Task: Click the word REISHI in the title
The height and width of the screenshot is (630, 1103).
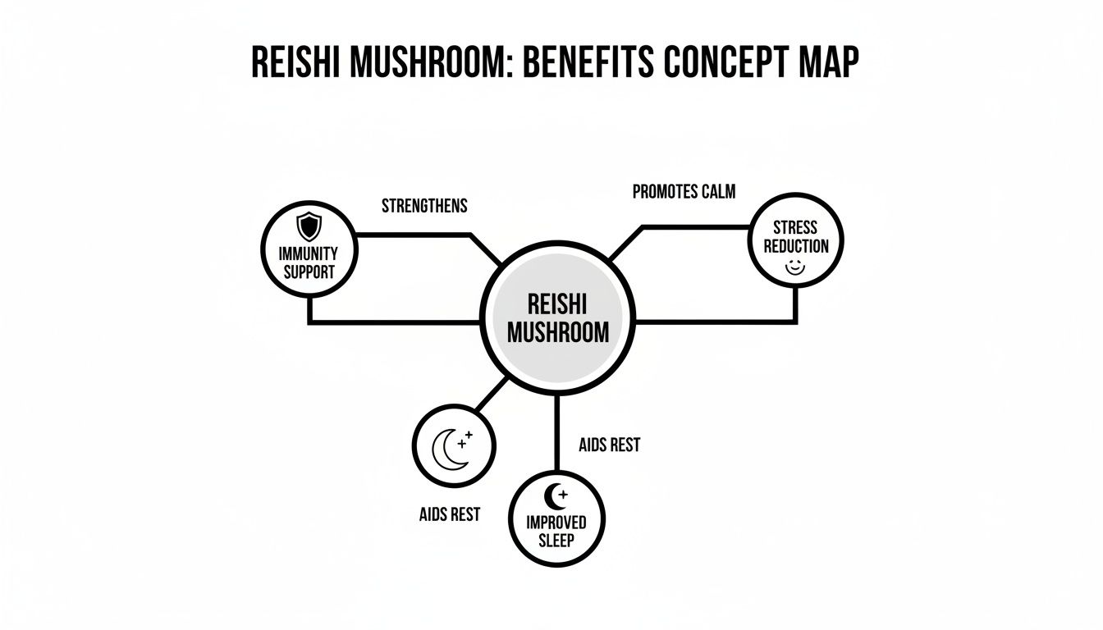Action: pyautogui.click(x=303, y=63)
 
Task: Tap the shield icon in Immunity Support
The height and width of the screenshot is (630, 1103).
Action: pyautogui.click(x=309, y=225)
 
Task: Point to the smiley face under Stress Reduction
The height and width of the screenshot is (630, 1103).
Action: pyautogui.click(x=794, y=267)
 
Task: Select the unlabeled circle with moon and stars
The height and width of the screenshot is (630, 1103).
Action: pyautogui.click(x=453, y=446)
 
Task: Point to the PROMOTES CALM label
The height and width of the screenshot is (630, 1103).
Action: pyautogui.click(x=684, y=192)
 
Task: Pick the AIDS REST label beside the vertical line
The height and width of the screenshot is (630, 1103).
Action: pyautogui.click(x=609, y=445)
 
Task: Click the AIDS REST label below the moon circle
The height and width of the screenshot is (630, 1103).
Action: pyautogui.click(x=449, y=515)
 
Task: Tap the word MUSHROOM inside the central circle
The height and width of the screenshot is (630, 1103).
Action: pyautogui.click(x=558, y=332)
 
